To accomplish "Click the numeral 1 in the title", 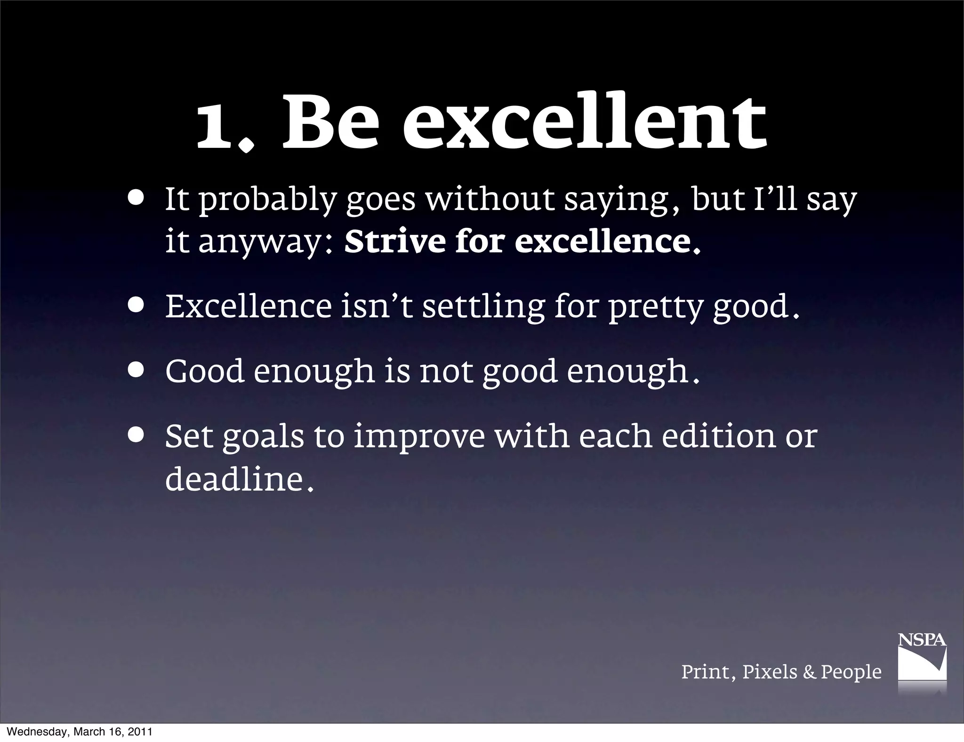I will pyautogui.click(x=217, y=123).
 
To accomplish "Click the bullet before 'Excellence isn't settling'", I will pyautogui.click(x=136, y=306).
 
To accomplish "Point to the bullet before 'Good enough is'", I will pyautogui.click(x=136, y=371).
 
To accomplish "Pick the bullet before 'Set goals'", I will pyautogui.click(x=136, y=436).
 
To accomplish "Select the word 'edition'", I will pyautogui.click(x=718, y=436).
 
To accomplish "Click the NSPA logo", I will pyautogui.click(x=922, y=659).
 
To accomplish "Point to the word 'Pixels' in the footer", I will pyautogui.click(x=770, y=672).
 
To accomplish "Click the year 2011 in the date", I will pyautogui.click(x=139, y=732).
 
